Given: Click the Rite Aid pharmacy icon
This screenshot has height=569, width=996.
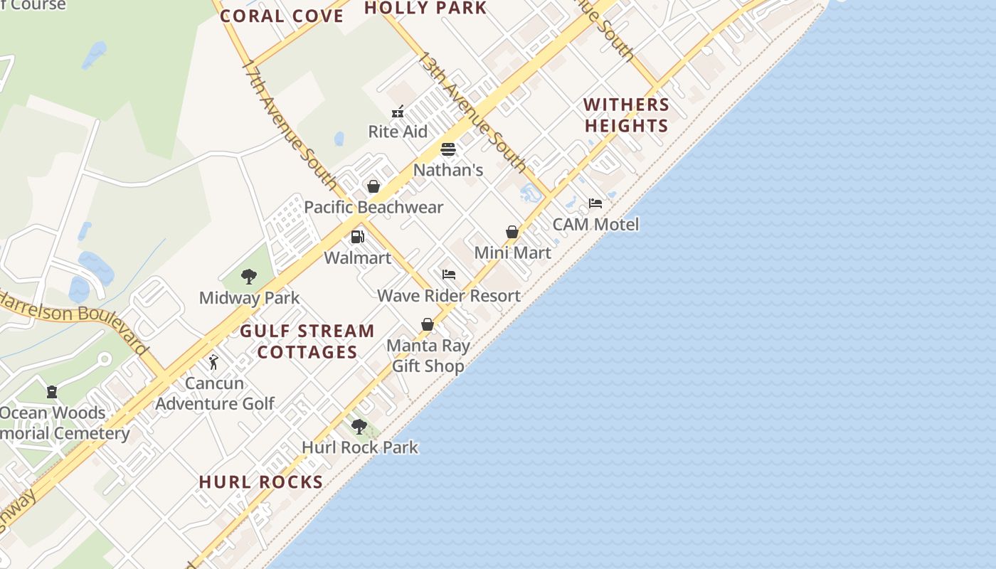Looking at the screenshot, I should click(x=398, y=112).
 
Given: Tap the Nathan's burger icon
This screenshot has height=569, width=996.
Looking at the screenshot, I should click(x=447, y=149).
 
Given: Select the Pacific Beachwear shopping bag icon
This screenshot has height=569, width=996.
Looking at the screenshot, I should click(x=373, y=186).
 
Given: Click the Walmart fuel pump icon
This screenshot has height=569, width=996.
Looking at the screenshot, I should click(x=357, y=237).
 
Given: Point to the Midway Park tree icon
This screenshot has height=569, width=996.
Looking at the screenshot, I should click(x=249, y=277).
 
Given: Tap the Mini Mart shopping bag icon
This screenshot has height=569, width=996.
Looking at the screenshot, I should click(x=512, y=232).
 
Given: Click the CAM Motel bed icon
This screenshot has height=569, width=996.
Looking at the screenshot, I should click(x=595, y=203).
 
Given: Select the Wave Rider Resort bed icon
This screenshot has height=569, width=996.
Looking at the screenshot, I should click(x=448, y=275).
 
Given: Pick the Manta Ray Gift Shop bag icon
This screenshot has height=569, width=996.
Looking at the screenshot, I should click(x=428, y=324).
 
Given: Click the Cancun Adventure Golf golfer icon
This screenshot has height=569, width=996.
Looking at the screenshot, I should click(x=213, y=362).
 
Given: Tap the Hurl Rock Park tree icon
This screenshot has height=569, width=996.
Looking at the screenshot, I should click(x=359, y=427).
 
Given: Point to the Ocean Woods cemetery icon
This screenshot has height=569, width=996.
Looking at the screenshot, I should click(x=51, y=392).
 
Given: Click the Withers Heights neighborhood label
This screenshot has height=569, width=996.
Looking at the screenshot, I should click(x=626, y=115).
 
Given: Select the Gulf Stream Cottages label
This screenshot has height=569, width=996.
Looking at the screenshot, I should click(x=307, y=341).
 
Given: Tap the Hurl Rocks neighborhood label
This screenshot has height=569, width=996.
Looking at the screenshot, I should click(x=261, y=482).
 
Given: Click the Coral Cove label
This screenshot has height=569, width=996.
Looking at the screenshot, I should click(x=282, y=16).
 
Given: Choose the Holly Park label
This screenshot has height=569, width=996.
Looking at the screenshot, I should click(x=425, y=8).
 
